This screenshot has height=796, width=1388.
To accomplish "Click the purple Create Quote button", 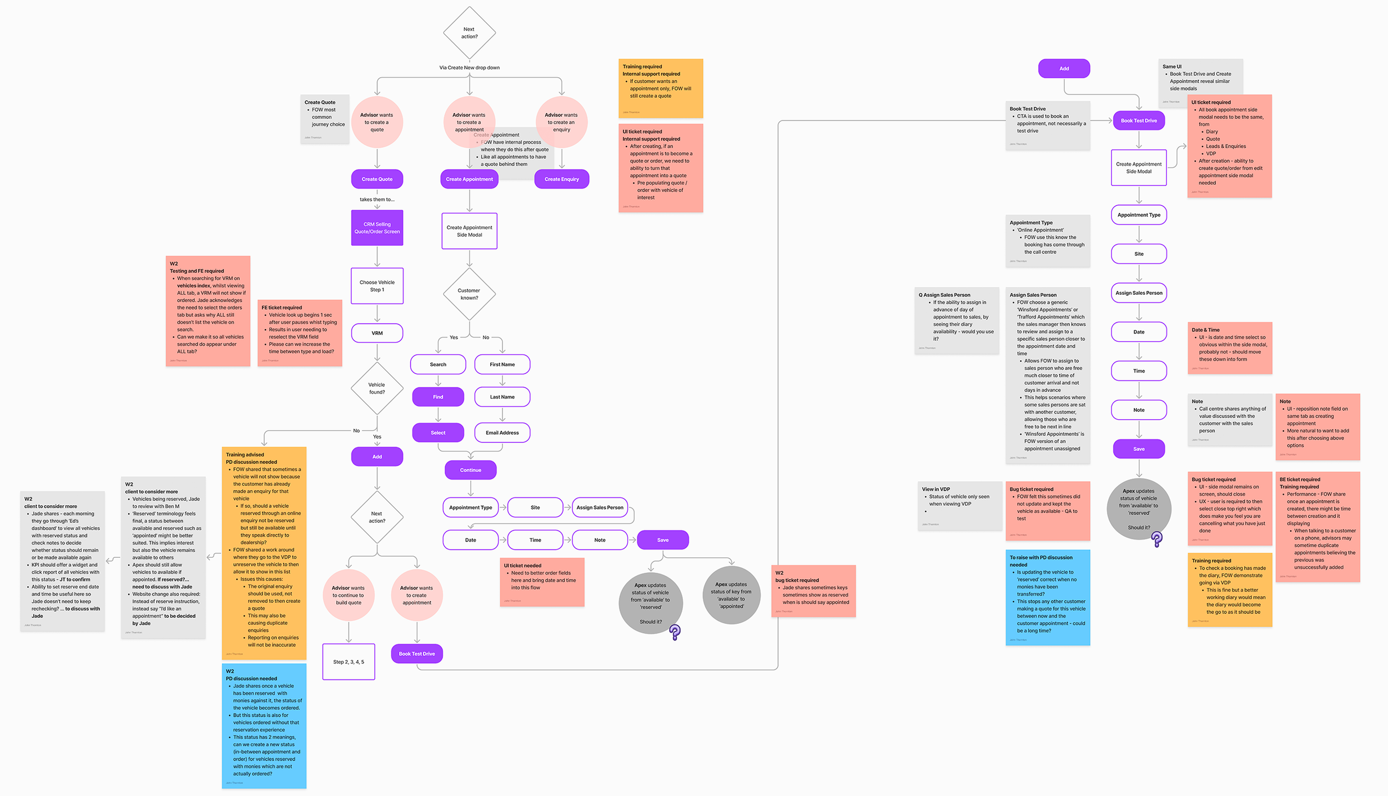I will [x=377, y=179].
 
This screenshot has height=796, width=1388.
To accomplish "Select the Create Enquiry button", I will [x=561, y=179].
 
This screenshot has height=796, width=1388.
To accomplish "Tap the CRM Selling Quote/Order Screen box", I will [x=377, y=228].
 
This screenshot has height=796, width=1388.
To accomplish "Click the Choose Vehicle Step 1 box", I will [x=377, y=286].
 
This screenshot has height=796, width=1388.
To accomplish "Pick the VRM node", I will [x=377, y=333].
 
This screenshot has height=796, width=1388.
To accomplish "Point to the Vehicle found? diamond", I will [x=377, y=388].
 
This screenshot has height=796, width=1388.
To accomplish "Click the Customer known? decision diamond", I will [x=469, y=294].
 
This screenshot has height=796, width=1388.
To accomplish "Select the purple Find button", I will [x=438, y=397].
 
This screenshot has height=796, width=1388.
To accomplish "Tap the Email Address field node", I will [x=502, y=432].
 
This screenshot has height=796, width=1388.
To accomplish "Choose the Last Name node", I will [x=502, y=397].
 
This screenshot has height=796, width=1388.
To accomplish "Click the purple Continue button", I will [x=470, y=470].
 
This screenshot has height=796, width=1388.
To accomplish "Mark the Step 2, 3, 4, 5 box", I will [x=349, y=662].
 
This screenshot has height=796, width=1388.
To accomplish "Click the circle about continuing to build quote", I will [x=349, y=595].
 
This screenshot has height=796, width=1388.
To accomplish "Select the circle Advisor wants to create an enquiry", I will [x=561, y=122].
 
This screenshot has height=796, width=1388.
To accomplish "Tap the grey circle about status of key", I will [x=731, y=595].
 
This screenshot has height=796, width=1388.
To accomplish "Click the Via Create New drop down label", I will [x=469, y=68].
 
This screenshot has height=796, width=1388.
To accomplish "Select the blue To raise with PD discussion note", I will [x=1048, y=597].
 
